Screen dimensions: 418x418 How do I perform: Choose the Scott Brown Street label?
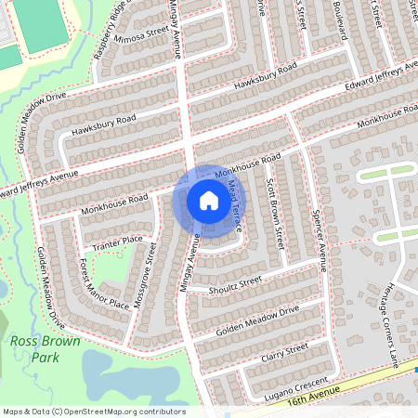point(275,213)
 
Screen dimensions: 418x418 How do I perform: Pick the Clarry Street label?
point(284,352)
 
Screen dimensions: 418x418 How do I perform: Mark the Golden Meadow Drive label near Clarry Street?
point(259,318)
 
